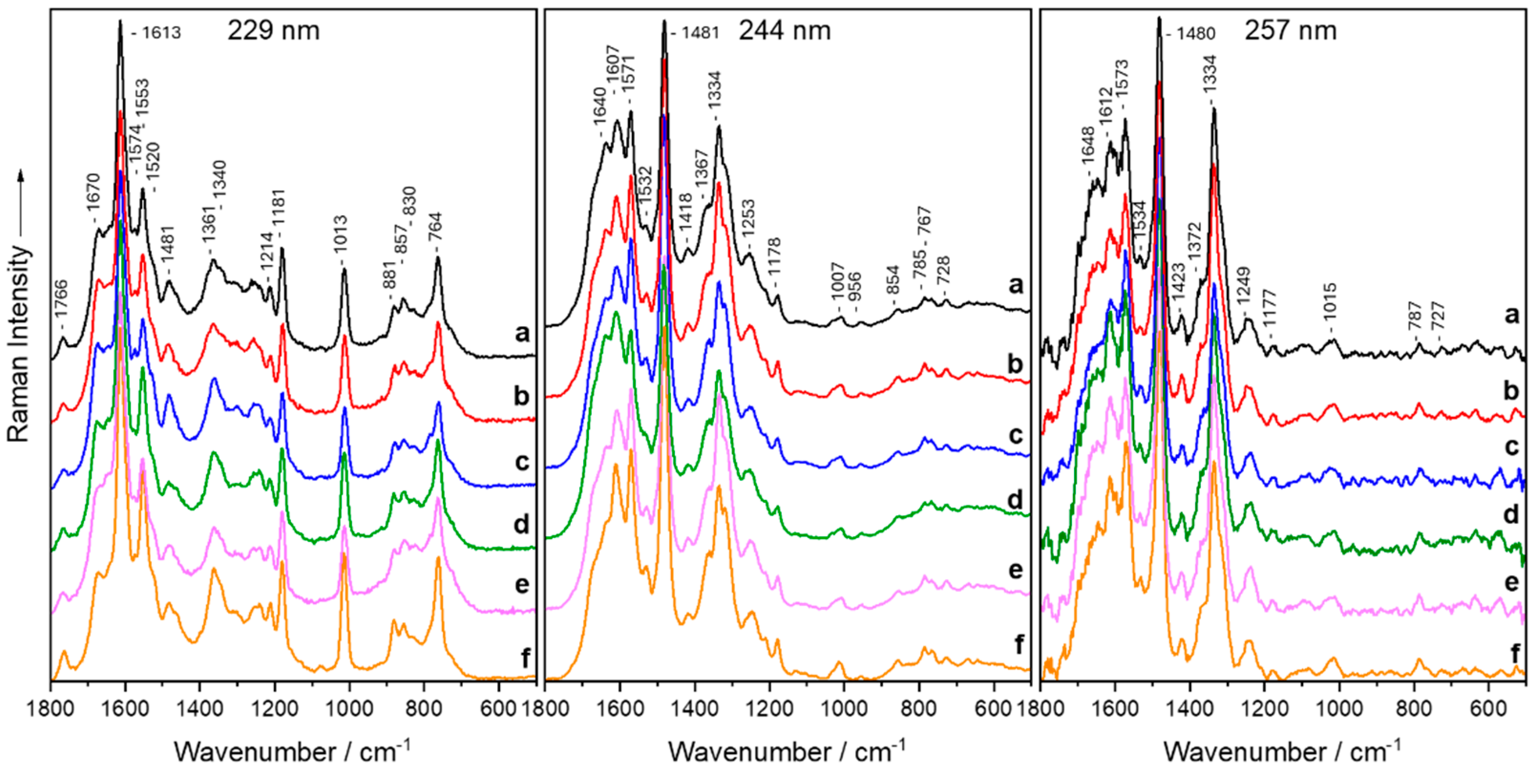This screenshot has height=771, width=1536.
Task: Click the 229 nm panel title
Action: [273, 30]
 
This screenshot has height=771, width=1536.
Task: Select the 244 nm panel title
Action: [785, 30]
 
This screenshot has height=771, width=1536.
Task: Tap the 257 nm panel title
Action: [1290, 30]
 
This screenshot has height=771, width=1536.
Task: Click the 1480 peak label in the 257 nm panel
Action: [1195, 33]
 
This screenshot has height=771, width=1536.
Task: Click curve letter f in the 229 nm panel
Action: [525, 658]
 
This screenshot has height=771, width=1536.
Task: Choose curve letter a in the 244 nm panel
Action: [1015, 285]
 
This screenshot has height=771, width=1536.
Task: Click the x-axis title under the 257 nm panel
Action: [1282, 750]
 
